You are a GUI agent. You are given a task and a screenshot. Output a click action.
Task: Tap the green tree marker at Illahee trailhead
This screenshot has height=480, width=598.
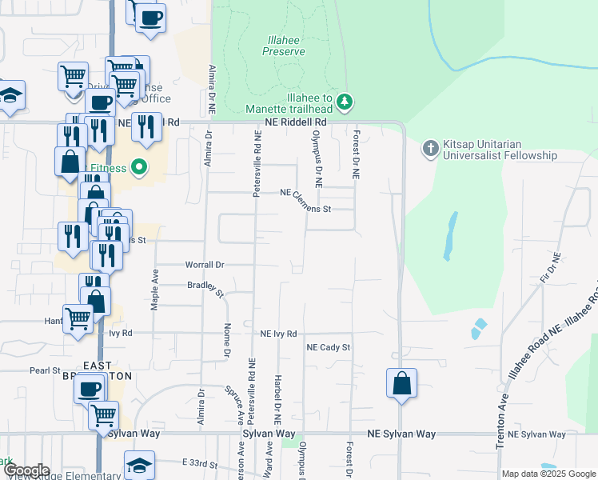pos(345,102)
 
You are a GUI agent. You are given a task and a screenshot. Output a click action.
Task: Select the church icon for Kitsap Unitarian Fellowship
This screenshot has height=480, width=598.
pos(430,147)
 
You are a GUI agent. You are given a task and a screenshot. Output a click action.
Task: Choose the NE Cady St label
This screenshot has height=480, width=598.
pos(329,347)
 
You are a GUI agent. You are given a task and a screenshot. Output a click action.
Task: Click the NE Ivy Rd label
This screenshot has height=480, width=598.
pos(278,334)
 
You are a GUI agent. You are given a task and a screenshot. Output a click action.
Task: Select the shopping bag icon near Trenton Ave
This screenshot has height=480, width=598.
pos(401,383)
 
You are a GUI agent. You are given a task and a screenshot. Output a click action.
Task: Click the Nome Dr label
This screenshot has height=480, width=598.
pos(228,340)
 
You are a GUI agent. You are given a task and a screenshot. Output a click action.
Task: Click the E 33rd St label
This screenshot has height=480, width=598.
pos(201,462)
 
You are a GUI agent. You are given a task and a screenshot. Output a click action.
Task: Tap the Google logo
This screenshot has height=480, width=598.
pos(26,471)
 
